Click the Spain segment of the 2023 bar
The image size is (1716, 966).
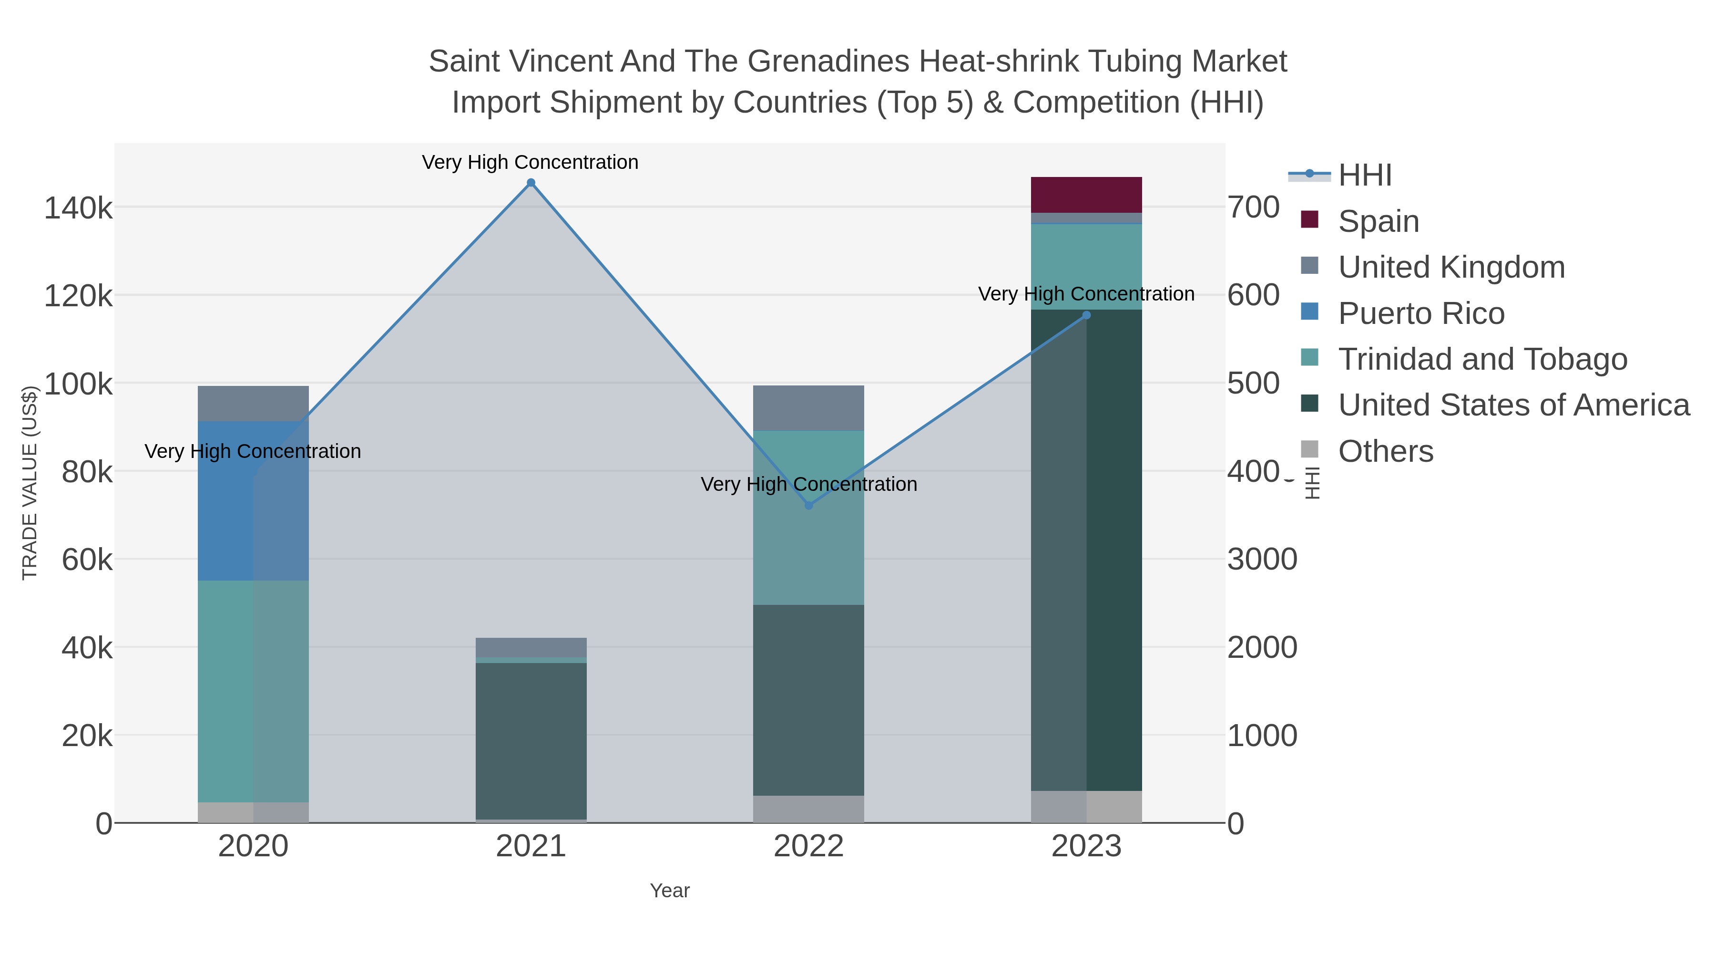[1086, 195]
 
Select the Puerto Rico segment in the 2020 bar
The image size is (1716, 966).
[253, 501]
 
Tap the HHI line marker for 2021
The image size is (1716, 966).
[531, 183]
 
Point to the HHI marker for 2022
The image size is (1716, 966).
[809, 505]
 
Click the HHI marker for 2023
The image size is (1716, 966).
[1086, 315]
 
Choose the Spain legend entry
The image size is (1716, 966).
[1378, 221]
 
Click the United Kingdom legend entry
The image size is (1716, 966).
[1451, 267]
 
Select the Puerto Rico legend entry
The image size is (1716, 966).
[1421, 313]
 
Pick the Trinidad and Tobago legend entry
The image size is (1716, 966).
[1482, 359]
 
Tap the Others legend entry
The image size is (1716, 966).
[1385, 451]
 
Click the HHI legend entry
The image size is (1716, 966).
[1364, 176]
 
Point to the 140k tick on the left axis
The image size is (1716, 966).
[78, 208]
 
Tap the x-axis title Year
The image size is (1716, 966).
[670, 891]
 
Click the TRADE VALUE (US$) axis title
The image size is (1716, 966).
[30, 483]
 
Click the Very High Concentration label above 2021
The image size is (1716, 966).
[530, 163]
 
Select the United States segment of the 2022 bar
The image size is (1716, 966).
[809, 700]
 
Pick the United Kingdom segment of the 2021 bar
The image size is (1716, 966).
[531, 647]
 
